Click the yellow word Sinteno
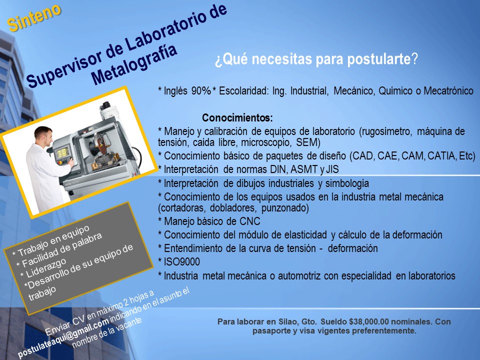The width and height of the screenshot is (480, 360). [x=34, y=18]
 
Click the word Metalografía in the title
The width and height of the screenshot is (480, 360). [x=134, y=64]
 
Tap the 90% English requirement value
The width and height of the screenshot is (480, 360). [x=201, y=91]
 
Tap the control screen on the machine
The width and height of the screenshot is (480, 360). [x=62, y=152]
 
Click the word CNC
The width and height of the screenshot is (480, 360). [x=250, y=221]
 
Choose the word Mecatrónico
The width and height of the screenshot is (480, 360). [x=448, y=91]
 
